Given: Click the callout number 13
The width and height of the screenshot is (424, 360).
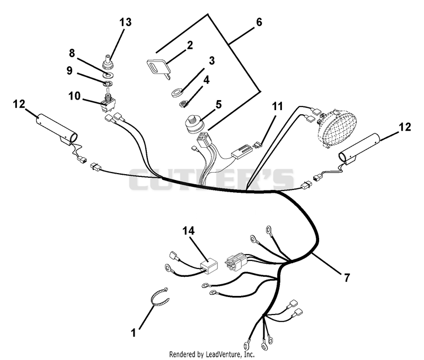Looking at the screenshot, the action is pos(126,22).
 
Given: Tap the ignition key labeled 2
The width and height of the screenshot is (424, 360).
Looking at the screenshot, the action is pos(157,68).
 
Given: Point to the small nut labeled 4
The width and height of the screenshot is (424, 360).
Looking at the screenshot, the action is pos(183,103).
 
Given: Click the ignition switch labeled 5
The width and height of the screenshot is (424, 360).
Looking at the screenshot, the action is pos(195,125).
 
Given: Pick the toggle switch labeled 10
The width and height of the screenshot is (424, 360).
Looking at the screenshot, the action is pos(108,103).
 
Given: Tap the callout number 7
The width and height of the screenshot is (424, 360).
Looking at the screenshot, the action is pos(347,277).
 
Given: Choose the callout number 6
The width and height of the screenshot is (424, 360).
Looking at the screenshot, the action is pos(259,22).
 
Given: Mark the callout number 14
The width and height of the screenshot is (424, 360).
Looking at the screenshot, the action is pos(189,231).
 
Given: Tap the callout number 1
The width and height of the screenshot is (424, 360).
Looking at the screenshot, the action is pos(134,332).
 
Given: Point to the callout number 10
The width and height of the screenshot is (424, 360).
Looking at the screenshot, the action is pos(74,96).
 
